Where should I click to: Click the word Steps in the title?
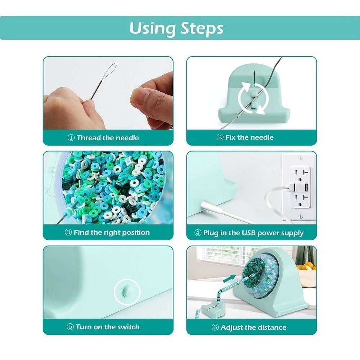(202, 28)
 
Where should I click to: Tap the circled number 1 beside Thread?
(71, 138)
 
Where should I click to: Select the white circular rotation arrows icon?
(253, 98)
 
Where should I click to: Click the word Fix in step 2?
(230, 137)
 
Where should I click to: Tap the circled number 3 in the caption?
(68, 232)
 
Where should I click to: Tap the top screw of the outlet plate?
(301, 158)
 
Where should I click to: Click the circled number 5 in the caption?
(70, 327)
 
